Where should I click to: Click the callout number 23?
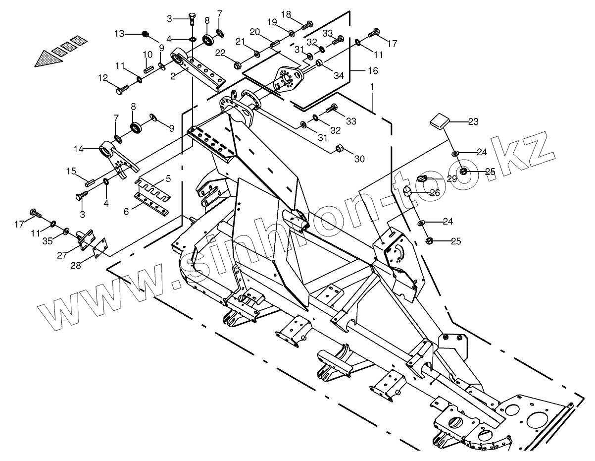[x=474, y=122]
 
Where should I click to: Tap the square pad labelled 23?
[x=440, y=120]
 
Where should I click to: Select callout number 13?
[x=119, y=34]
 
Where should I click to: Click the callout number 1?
[x=372, y=87]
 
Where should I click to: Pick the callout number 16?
[x=372, y=71]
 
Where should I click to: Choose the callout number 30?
[x=359, y=159]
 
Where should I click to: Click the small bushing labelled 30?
[x=340, y=148]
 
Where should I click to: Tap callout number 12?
[x=103, y=77]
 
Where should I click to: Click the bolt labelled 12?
[x=121, y=90]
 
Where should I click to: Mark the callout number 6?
[x=126, y=211]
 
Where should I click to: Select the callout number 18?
[x=286, y=14]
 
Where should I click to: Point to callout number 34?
[x=338, y=75]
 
